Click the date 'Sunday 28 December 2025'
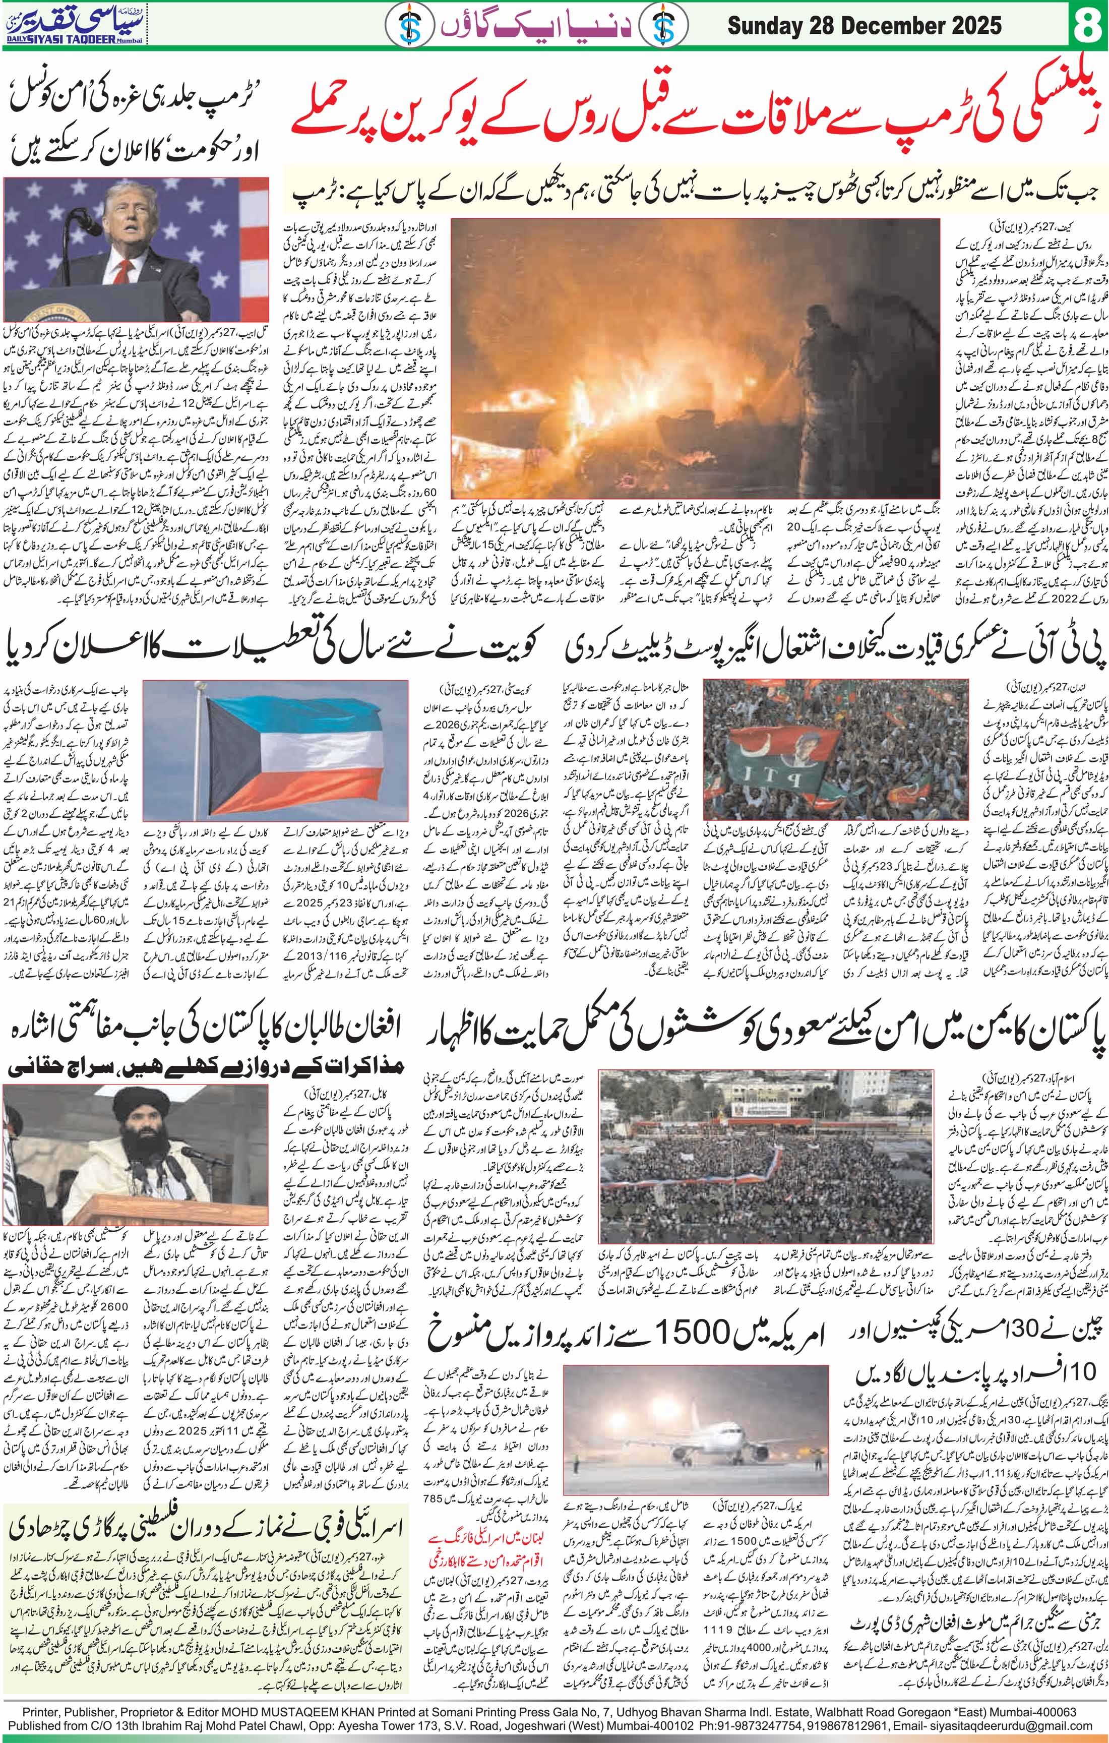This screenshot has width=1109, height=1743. pos(865,27)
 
